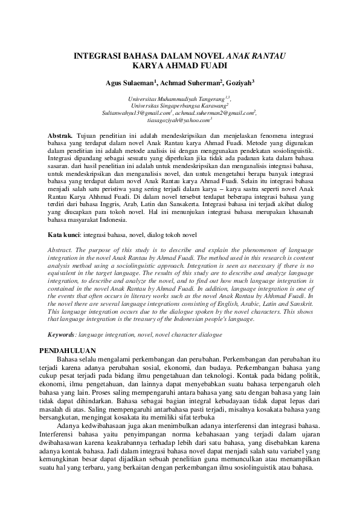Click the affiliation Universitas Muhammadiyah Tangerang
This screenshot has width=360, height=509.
tap(176, 98)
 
